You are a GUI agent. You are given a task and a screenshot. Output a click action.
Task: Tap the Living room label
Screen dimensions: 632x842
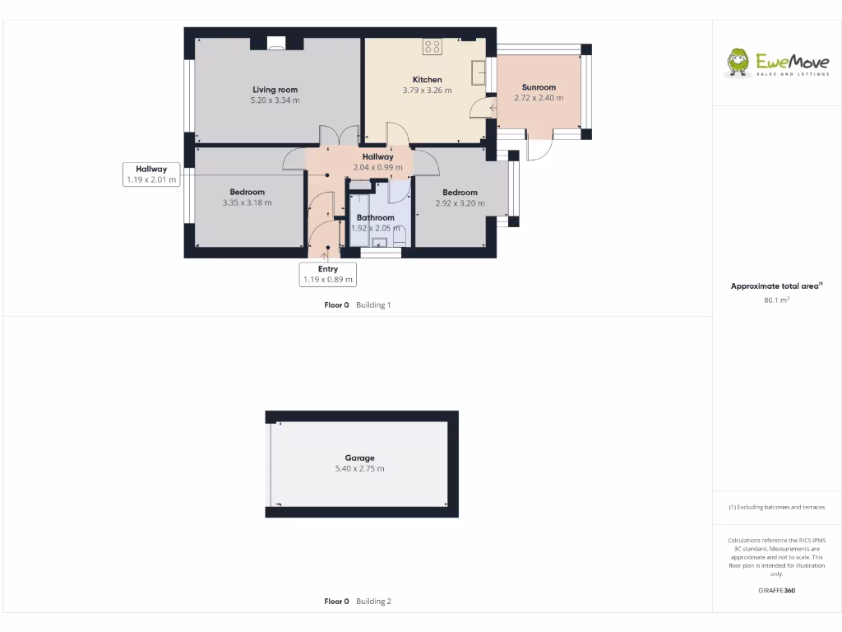(x=275, y=90)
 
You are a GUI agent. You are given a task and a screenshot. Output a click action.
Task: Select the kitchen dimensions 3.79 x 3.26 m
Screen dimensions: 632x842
(x=427, y=91)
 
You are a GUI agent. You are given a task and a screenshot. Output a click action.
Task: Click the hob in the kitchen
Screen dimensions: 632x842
(x=433, y=47)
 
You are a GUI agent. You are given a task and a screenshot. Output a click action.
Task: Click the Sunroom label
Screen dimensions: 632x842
(x=539, y=87)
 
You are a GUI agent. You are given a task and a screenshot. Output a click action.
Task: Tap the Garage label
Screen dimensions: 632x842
(x=359, y=458)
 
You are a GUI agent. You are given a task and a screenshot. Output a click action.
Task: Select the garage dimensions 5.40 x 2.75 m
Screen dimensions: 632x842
(x=359, y=469)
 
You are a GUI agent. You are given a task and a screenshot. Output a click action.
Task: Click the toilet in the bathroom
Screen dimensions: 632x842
(x=400, y=237)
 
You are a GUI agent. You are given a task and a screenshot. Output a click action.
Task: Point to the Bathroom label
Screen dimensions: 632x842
(x=375, y=218)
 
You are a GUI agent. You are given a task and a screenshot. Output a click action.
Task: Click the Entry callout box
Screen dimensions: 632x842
(x=328, y=274)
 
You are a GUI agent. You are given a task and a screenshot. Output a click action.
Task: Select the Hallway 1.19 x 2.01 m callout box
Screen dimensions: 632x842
(x=151, y=174)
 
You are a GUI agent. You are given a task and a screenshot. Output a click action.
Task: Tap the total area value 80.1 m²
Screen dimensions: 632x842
(x=776, y=300)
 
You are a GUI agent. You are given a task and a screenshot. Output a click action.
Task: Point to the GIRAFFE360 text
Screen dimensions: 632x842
(x=776, y=590)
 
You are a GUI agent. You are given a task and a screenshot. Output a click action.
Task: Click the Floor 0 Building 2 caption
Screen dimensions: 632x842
(x=358, y=602)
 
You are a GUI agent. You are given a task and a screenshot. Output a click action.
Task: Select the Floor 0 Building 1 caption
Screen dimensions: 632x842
(x=358, y=305)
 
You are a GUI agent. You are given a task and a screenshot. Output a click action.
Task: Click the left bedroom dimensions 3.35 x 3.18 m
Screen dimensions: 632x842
(x=247, y=202)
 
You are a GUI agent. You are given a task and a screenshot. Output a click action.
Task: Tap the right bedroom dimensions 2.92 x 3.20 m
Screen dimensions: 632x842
(x=460, y=203)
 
